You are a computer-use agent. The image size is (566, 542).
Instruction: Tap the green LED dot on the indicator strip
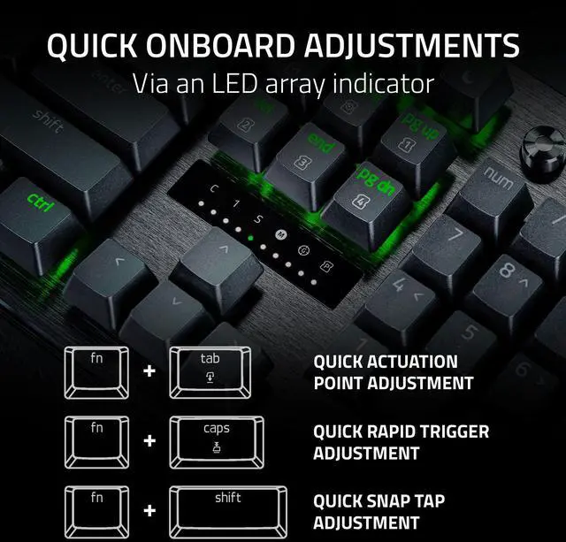250,238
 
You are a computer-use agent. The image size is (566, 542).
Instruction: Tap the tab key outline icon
210,373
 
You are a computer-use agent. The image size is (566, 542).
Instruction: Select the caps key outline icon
217,442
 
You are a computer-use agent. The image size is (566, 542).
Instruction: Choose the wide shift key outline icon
228,512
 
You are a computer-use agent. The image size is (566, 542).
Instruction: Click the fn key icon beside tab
96,373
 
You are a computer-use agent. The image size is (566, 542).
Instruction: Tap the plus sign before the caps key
149,441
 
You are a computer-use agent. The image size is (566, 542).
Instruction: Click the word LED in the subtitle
234,84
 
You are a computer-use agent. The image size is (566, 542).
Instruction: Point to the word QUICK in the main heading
92,45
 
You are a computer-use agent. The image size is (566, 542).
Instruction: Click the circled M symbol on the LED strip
280,235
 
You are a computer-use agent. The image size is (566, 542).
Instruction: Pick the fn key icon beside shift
96,512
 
